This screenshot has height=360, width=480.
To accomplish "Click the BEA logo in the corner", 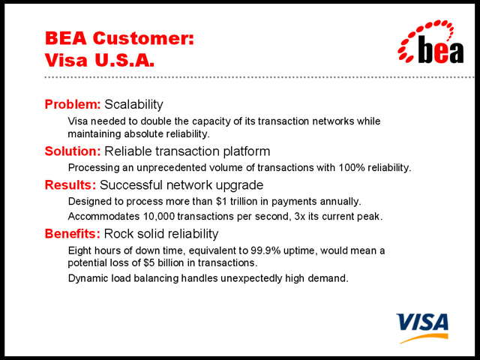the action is coord(431,42).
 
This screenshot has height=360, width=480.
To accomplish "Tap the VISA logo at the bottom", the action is coord(422,328).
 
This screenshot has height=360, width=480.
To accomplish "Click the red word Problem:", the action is coord(73,104).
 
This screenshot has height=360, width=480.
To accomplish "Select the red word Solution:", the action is coord(73,151).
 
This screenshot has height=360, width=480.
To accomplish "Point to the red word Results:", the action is coord(70,185).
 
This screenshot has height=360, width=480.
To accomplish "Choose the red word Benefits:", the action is coord(72,233).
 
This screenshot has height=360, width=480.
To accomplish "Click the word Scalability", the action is coord(133,105).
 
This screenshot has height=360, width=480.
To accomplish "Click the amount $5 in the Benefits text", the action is coord(149,262).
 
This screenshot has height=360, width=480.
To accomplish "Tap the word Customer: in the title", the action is coord(143,38).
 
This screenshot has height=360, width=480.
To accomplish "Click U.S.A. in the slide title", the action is coord(124,60).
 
